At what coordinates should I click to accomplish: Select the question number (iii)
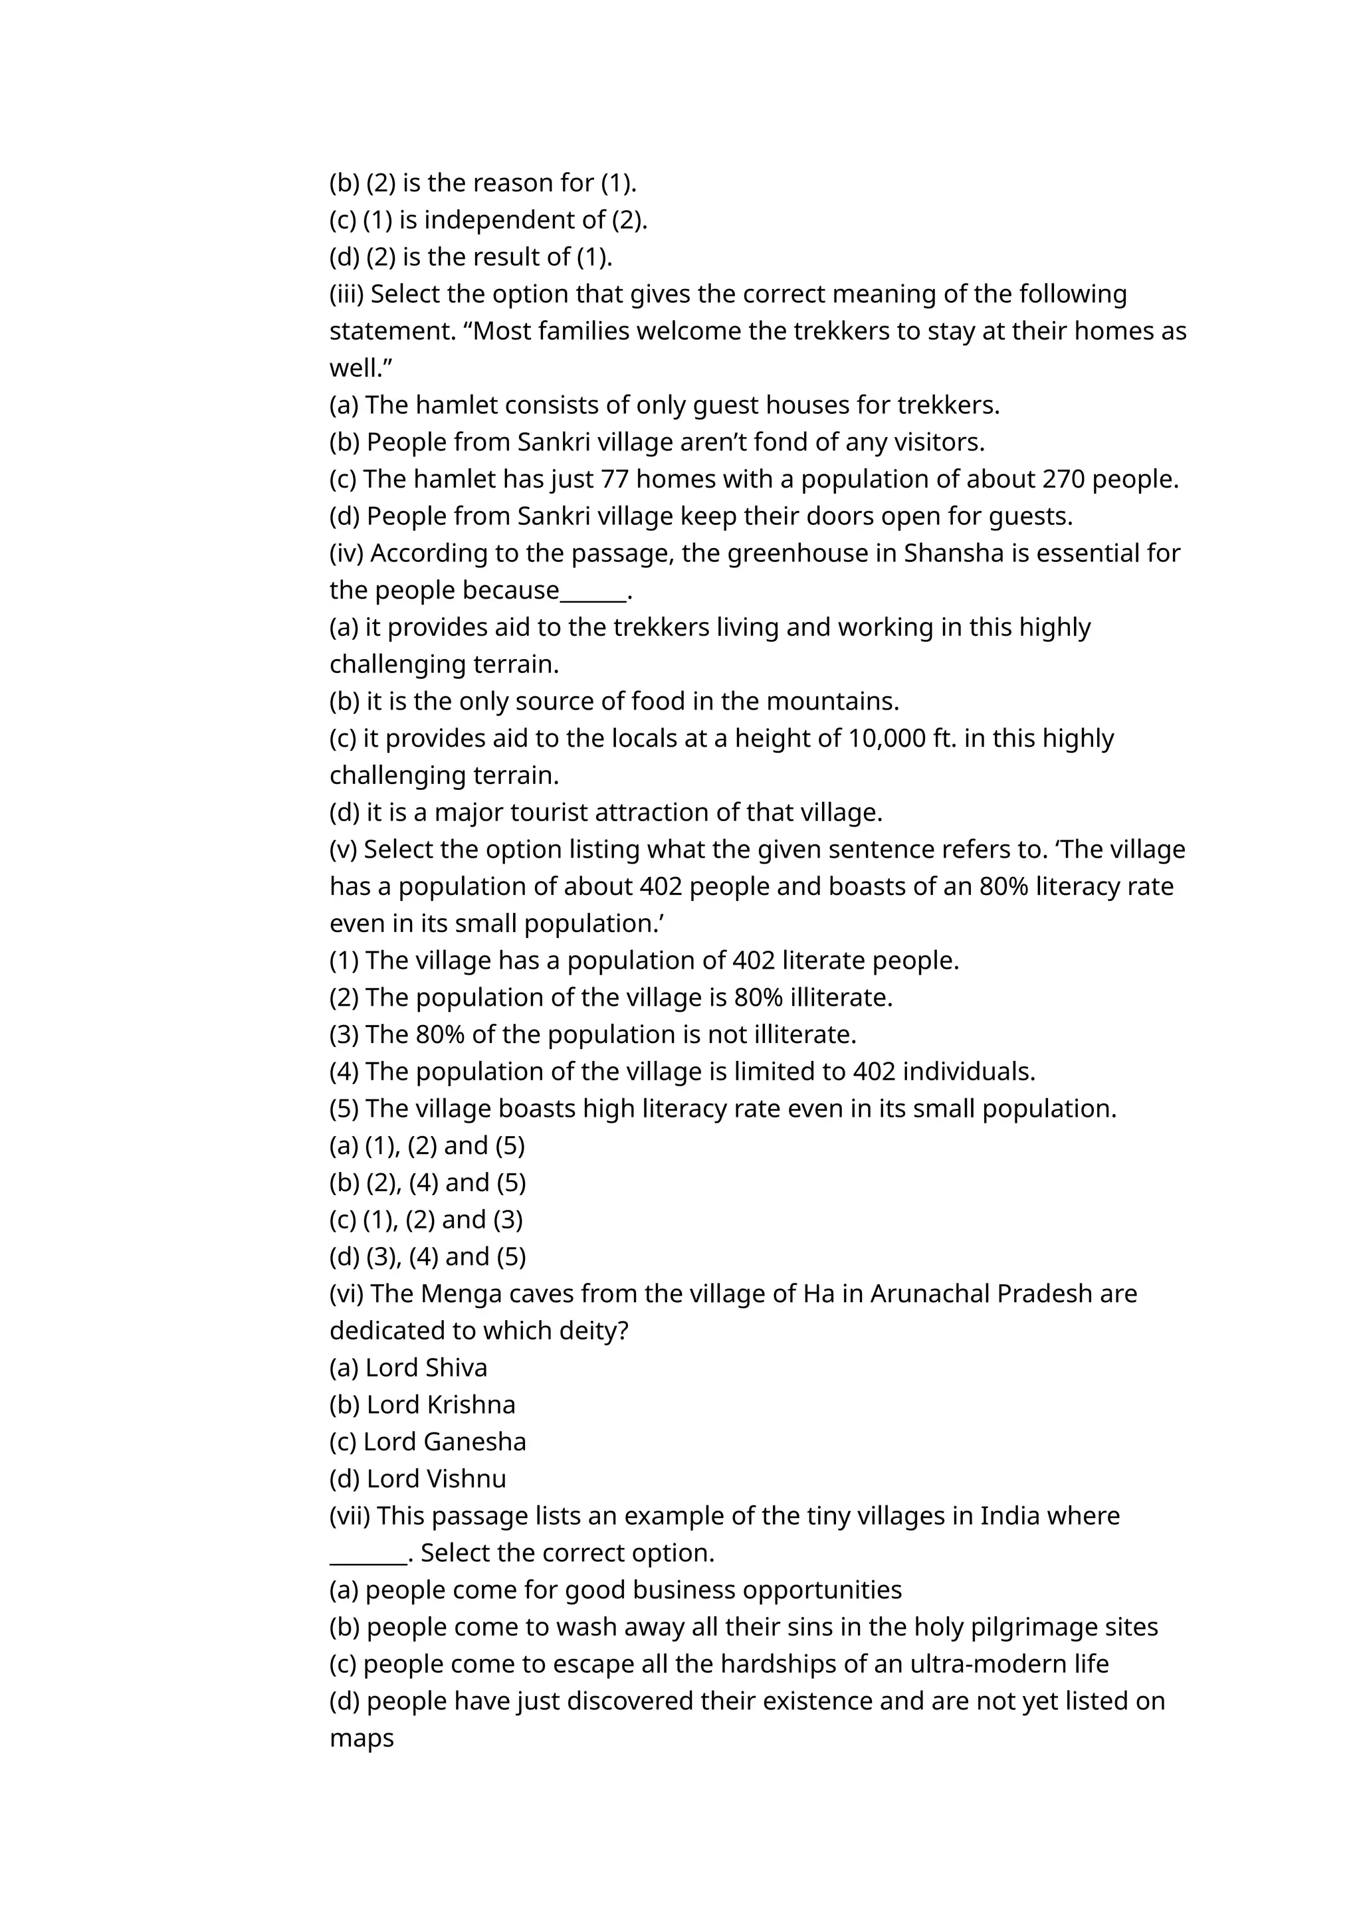point(346,294)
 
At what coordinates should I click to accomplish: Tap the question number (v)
point(343,849)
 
